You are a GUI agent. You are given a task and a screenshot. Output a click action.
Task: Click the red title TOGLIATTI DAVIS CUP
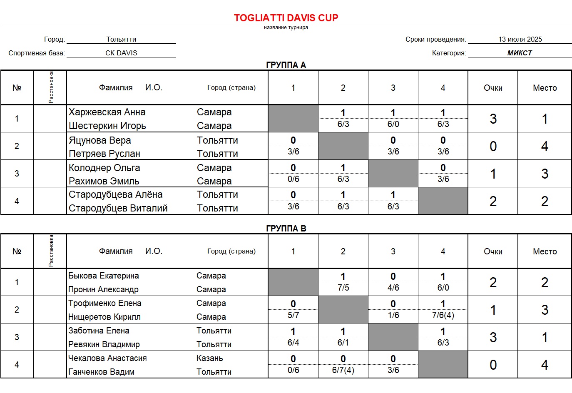pyautogui.click(x=286, y=18)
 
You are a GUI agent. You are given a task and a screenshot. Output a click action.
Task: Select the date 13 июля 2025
pyautogui.click(x=520, y=39)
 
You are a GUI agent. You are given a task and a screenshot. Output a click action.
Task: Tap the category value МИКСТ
pyautogui.click(x=520, y=53)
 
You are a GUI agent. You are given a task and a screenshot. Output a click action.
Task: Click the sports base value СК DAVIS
pyautogui.click(x=121, y=53)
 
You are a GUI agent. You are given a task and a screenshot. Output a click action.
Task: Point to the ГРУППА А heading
pyautogui.click(x=286, y=65)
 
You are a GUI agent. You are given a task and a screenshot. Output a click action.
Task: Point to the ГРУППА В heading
pyautogui.click(x=286, y=229)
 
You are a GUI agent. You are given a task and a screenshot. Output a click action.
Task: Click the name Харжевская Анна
pyautogui.click(x=107, y=112)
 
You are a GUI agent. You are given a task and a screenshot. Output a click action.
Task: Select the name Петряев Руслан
pyautogui.click(x=104, y=154)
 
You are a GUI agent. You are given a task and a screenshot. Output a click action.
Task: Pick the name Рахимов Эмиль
pyautogui.click(x=104, y=181)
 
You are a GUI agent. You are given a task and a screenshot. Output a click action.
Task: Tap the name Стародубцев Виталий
pyautogui.click(x=118, y=208)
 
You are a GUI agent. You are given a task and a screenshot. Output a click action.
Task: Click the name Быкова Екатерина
pyautogui.click(x=103, y=276)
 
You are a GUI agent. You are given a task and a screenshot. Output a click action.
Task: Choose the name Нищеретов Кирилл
pyautogui.click(x=104, y=317)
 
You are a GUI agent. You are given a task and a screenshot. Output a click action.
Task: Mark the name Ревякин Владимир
pyautogui.click(x=104, y=344)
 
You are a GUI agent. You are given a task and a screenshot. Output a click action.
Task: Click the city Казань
pyautogui.click(x=209, y=358)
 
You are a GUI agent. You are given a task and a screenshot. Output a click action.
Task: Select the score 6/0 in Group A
pyautogui.click(x=393, y=124)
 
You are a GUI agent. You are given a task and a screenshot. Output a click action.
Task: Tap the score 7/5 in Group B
pyautogui.click(x=343, y=288)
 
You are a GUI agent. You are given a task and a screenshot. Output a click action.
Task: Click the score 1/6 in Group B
pyautogui.click(x=393, y=315)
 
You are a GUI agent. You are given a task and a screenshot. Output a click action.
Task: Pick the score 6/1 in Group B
pyautogui.click(x=343, y=343)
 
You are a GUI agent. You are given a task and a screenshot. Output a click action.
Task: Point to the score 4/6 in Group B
pyautogui.click(x=393, y=288)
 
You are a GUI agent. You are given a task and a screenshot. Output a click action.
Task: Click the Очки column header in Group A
pyautogui.click(x=493, y=88)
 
